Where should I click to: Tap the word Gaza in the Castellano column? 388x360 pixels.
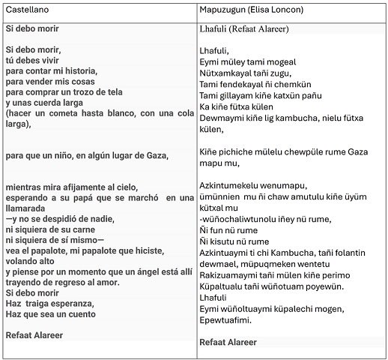157,155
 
